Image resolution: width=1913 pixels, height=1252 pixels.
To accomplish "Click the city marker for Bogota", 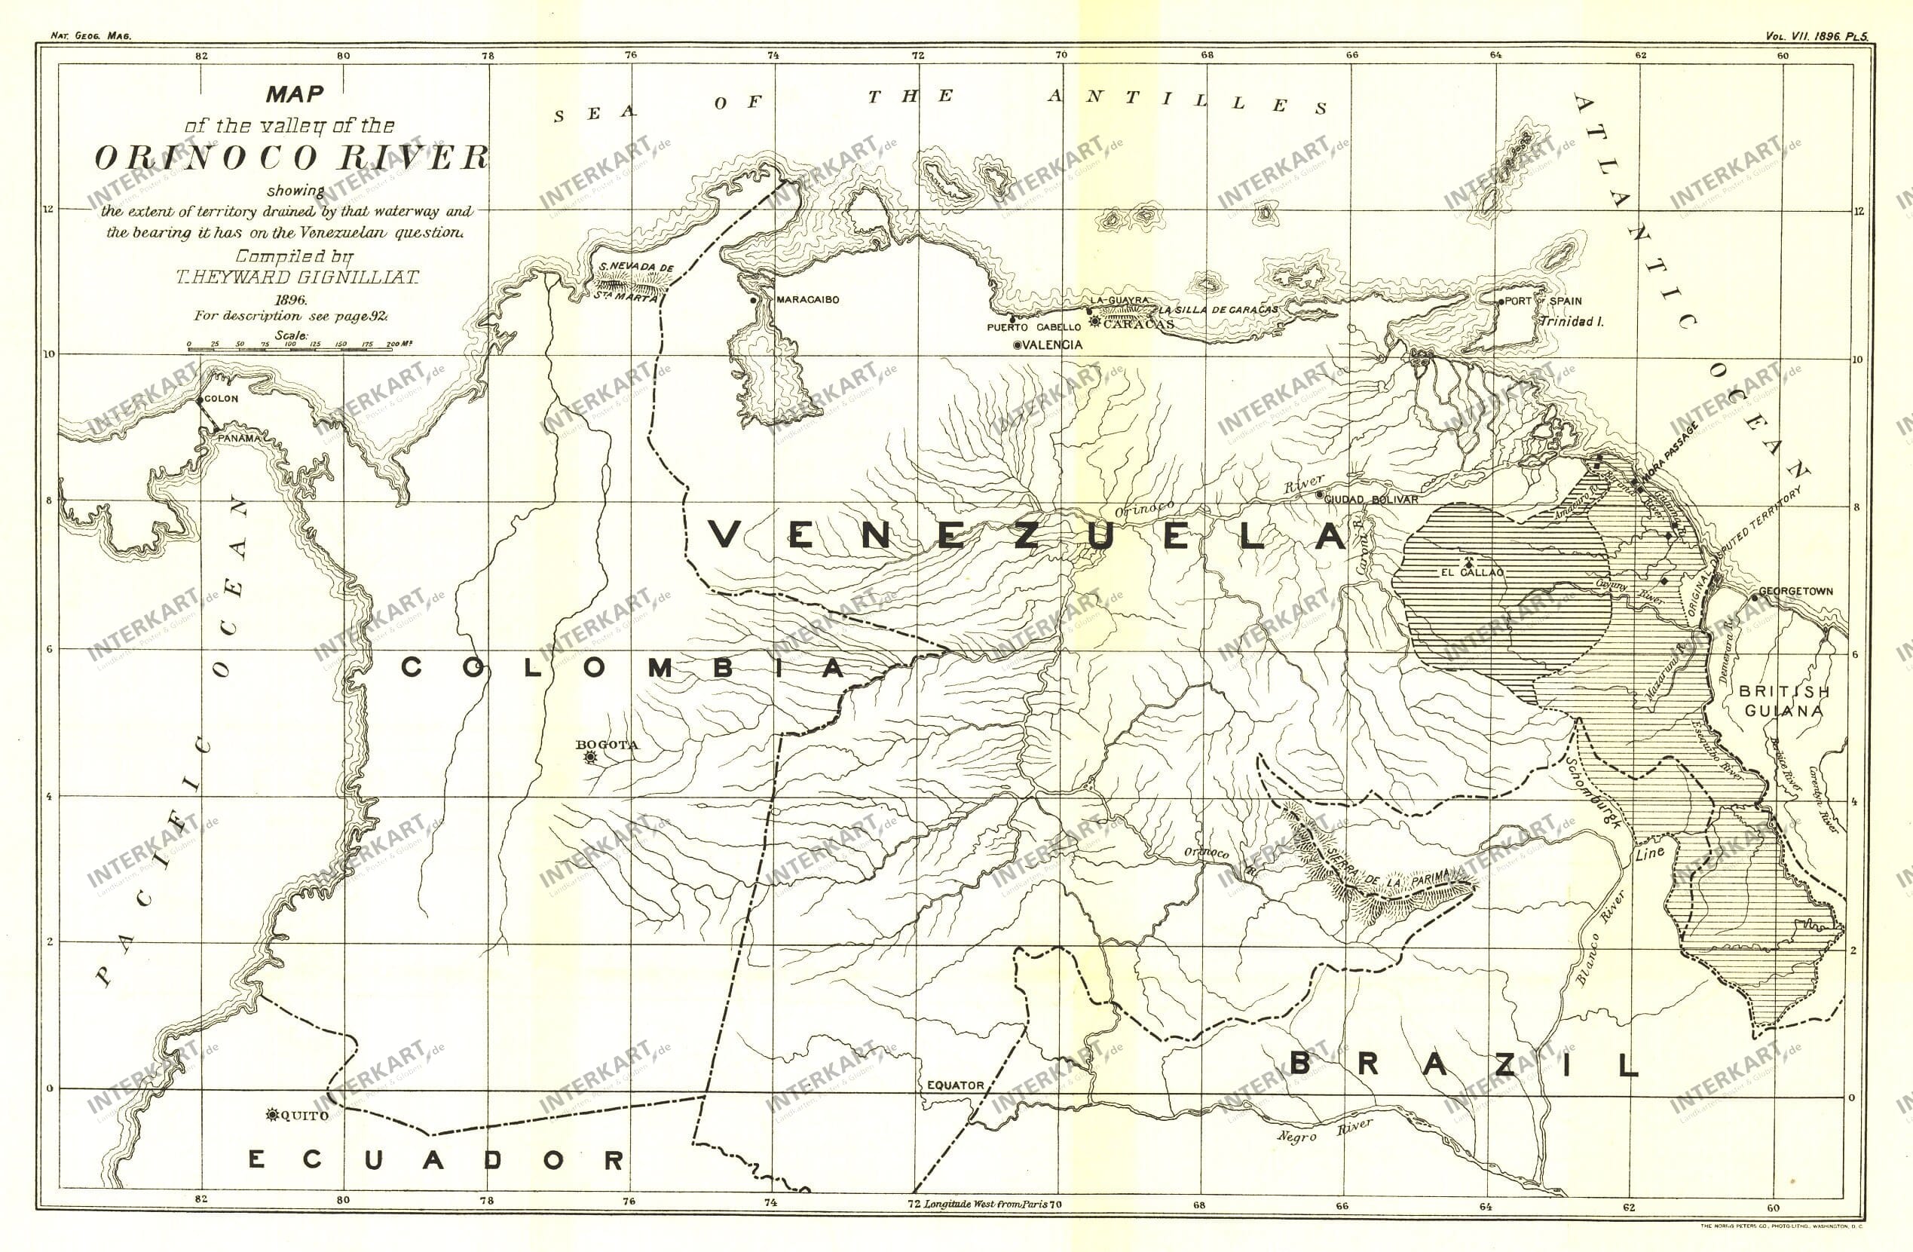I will click(592, 757).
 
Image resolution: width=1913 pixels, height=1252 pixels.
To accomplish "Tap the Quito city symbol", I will click(271, 1115).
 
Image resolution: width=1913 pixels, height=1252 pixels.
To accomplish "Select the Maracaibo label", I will click(807, 300).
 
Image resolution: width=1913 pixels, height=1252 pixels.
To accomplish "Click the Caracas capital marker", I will click(1094, 323).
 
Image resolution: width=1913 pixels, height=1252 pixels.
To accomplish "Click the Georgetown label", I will click(1795, 591).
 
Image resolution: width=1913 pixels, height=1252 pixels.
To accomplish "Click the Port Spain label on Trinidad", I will click(1542, 302).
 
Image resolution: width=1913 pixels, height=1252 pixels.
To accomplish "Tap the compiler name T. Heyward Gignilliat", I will click(298, 277).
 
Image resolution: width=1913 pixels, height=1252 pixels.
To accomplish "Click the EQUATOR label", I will click(955, 1085).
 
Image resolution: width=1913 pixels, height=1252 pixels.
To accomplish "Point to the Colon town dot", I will click(199, 400).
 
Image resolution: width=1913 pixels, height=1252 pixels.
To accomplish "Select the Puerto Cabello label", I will click(1033, 327).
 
